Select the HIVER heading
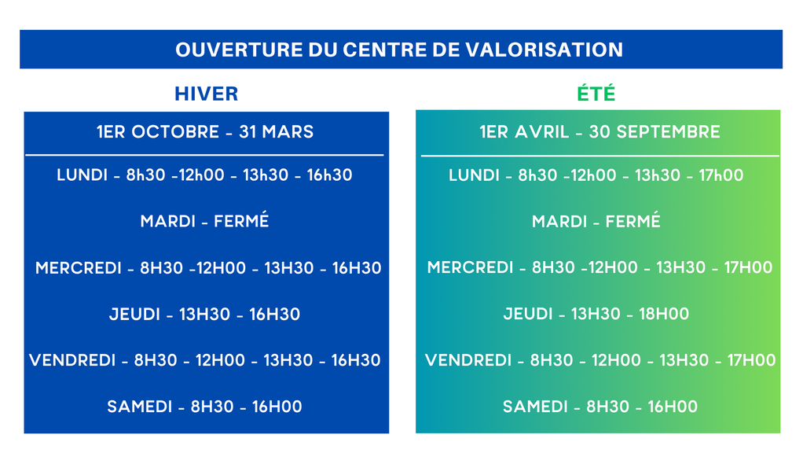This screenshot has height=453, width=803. click(207, 94)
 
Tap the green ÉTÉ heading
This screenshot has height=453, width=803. click(596, 94)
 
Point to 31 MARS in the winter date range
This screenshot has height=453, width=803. click(276, 131)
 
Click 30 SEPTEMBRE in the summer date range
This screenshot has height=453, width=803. click(654, 131)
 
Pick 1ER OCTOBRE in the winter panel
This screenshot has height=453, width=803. click(158, 131)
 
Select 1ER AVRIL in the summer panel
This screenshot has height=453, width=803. click(524, 131)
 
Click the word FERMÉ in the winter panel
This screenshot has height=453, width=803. click(241, 220)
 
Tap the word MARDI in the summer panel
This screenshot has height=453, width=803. click(559, 221)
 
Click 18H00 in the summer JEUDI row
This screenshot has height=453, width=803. click(664, 314)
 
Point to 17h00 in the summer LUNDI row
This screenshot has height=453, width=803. click(721, 175)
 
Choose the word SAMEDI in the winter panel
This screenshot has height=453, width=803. click(139, 407)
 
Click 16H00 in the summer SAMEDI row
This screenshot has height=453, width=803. click(673, 407)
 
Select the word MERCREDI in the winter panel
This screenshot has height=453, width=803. click(78, 267)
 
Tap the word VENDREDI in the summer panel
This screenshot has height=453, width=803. click(468, 359)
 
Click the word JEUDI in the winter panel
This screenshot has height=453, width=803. click(134, 314)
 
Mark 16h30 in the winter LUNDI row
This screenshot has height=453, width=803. click(330, 175)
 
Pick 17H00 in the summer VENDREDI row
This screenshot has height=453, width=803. click(751, 359)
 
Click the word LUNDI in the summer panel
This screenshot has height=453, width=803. click(474, 175)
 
